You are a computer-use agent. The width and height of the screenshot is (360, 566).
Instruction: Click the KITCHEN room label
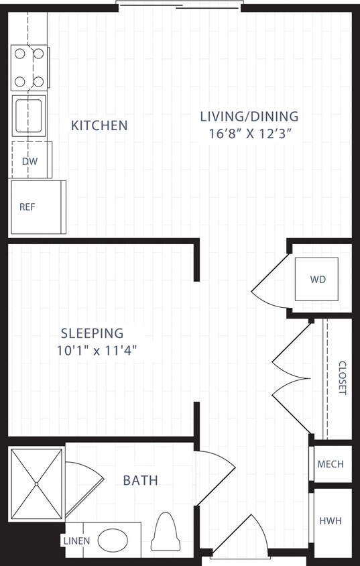tap(99, 125)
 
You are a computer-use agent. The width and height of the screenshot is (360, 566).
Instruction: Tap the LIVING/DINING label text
tap(249, 116)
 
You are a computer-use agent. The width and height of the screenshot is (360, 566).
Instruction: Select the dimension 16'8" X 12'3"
tap(249, 133)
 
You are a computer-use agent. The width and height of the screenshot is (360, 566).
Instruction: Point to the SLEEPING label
tap(92, 333)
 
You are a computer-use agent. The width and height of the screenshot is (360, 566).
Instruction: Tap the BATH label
tap(140, 480)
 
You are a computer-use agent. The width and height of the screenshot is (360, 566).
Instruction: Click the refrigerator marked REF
tap(38, 207)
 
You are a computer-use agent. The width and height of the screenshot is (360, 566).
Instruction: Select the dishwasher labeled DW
tap(31, 160)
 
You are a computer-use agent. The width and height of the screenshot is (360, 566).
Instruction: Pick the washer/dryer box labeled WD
tap(317, 278)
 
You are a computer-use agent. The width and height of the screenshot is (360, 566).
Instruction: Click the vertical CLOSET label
tap(342, 378)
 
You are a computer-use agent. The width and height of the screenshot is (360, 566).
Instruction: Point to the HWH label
tap(331, 519)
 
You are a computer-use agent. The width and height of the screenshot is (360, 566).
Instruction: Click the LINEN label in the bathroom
tap(73, 541)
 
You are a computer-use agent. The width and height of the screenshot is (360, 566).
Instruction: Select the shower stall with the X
tap(36, 484)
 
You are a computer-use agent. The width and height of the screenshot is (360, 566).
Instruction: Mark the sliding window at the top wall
tap(178, 6)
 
